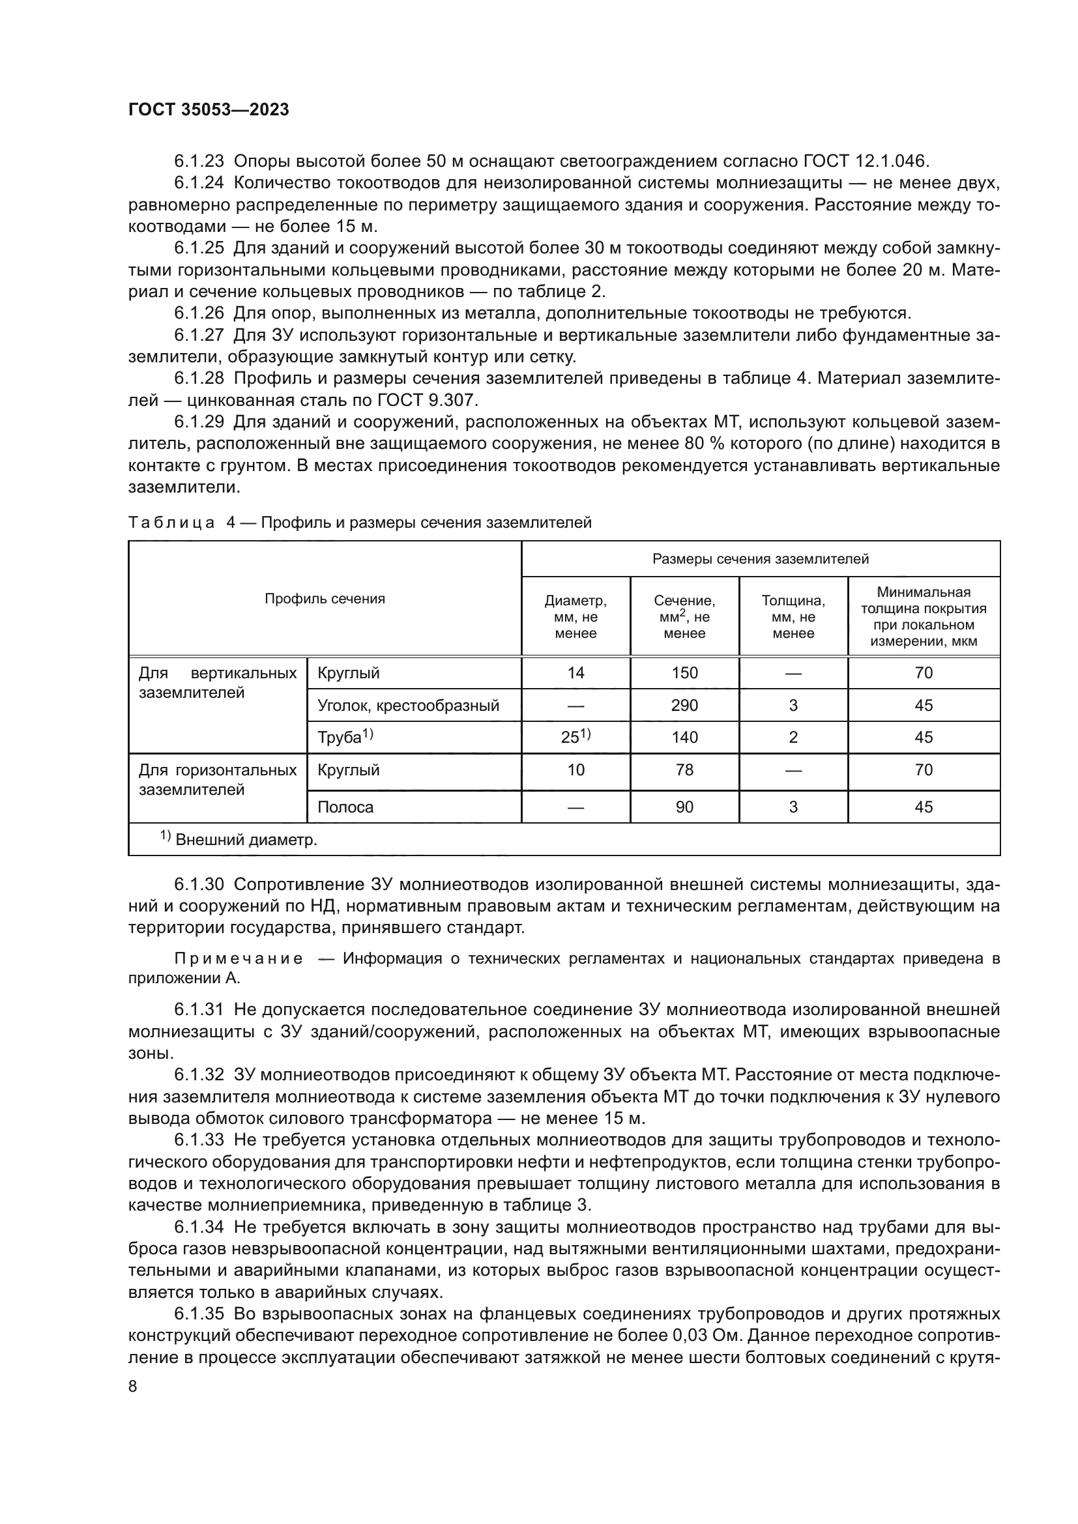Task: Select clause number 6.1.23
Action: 199,162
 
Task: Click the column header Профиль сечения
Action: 325,599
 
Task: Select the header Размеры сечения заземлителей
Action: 760,559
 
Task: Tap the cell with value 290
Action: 684,706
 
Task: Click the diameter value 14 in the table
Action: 575,673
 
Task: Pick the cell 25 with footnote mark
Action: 575,738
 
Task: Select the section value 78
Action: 684,770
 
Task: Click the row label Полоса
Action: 345,807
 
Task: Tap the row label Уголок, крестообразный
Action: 408,706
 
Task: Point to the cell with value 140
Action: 684,738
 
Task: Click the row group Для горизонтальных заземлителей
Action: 217,780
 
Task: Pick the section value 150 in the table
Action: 684,673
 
